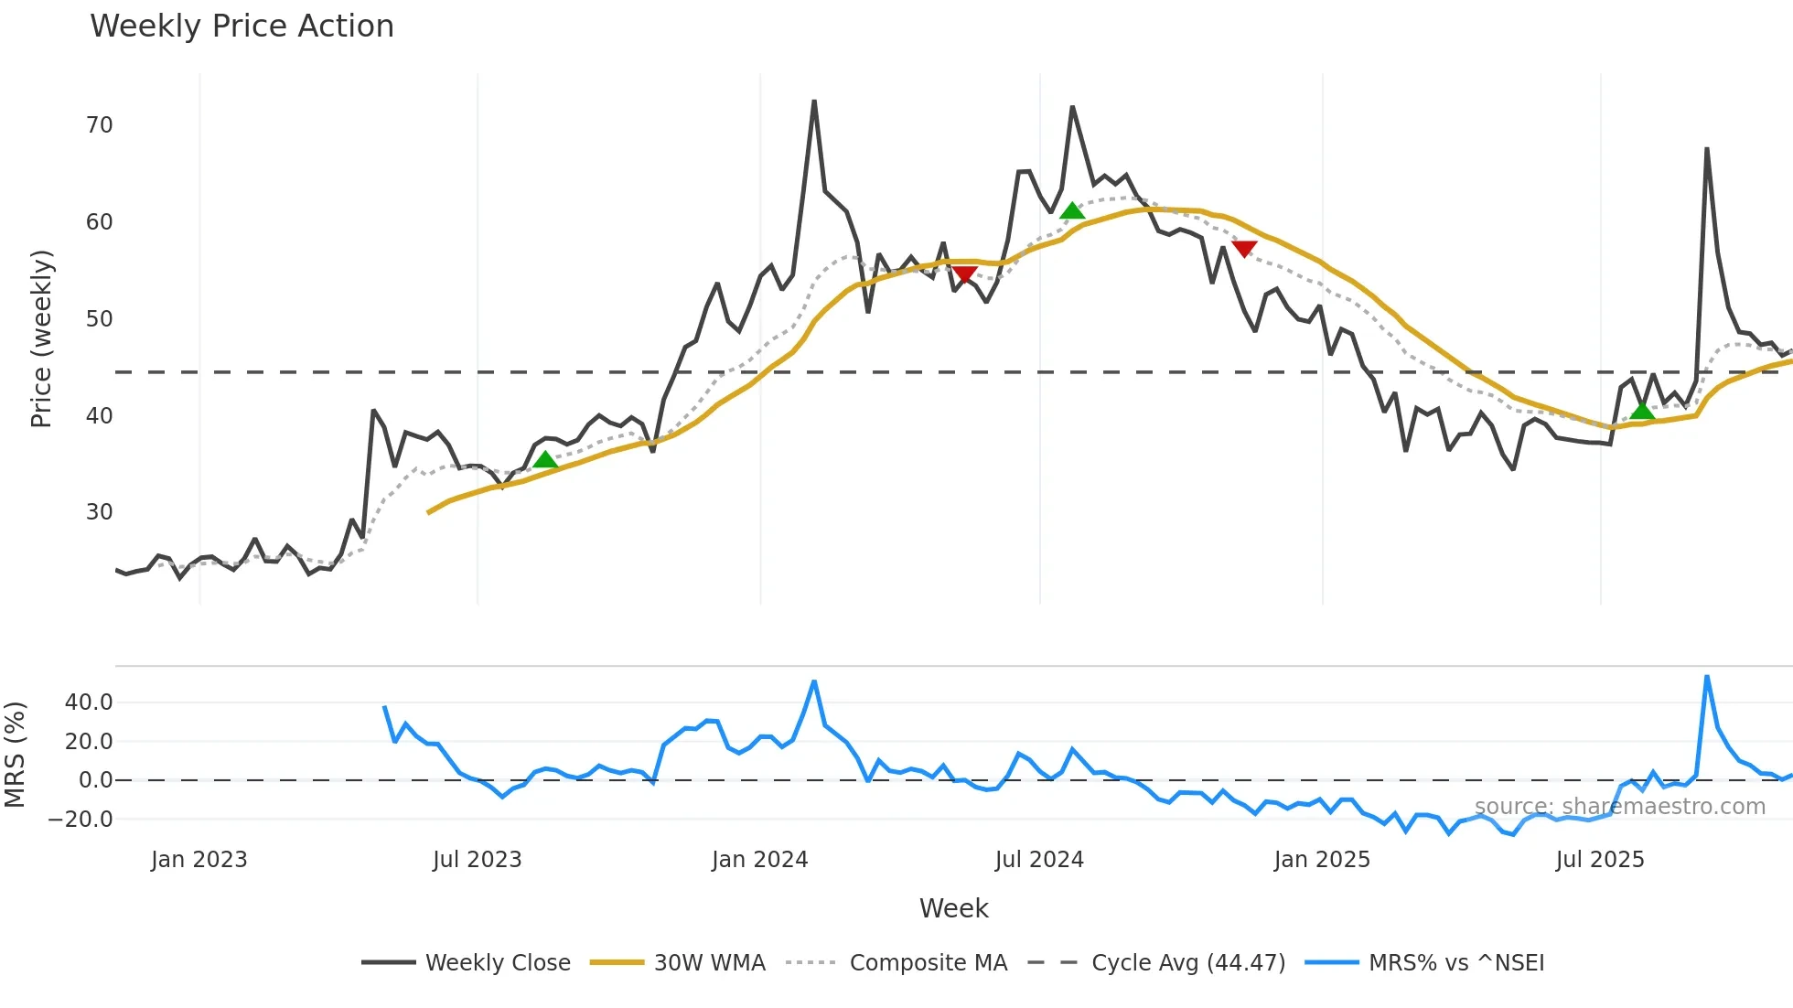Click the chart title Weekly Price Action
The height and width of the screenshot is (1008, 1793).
point(242,27)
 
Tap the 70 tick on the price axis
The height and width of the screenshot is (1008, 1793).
point(100,125)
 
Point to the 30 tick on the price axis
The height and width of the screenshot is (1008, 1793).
point(100,512)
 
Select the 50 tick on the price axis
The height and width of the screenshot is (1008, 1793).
point(100,319)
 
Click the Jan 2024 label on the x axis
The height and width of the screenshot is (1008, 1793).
point(759,860)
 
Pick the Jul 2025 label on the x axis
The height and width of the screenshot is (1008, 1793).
point(1600,860)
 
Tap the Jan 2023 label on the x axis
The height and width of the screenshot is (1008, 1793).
point(199,860)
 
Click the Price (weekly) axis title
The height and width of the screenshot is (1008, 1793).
point(42,338)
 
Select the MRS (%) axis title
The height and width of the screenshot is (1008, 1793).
point(16,755)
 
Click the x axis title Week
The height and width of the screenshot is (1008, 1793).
point(953,908)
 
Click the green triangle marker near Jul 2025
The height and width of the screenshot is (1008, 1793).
point(1642,411)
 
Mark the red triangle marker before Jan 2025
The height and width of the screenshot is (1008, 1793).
point(1244,249)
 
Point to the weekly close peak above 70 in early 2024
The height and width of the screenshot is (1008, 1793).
point(814,102)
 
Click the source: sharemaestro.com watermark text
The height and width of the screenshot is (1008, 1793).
point(1619,807)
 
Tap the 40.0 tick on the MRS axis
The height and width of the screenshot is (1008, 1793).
point(89,702)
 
